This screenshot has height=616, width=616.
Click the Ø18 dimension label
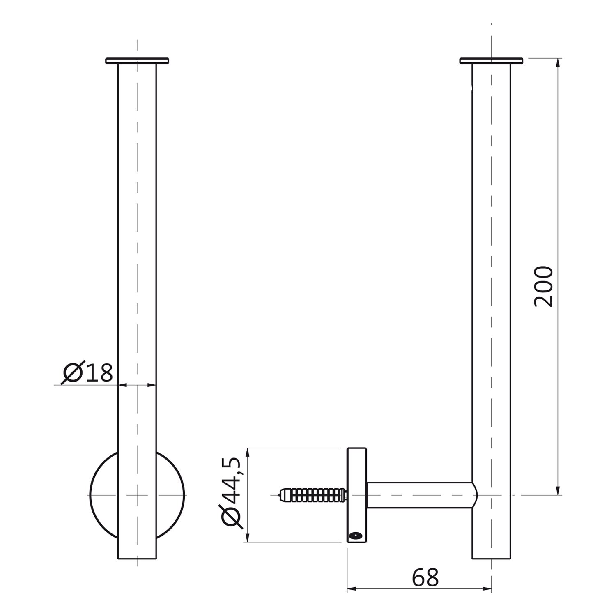tap(87, 372)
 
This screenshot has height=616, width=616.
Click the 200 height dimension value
tap(543, 287)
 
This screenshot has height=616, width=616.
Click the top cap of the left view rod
tap(137, 61)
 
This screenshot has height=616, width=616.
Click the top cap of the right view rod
tap(491, 61)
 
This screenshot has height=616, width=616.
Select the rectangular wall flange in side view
tap(356, 495)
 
